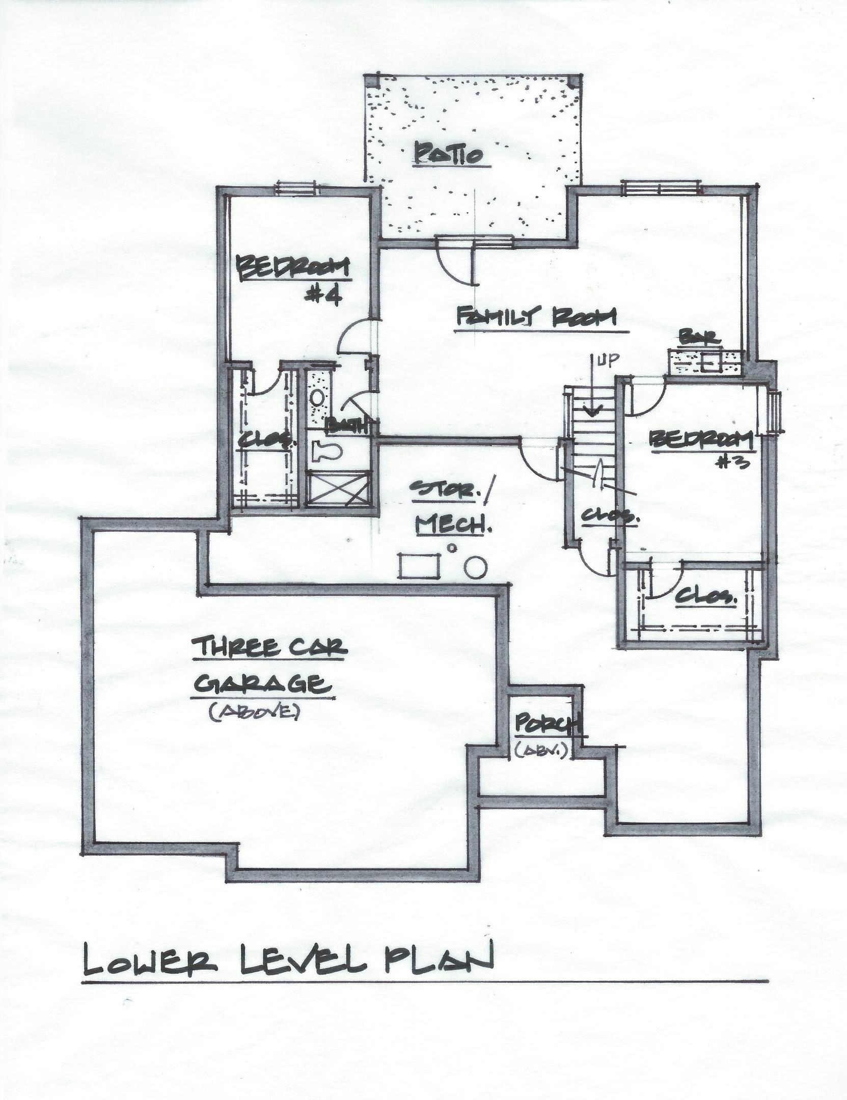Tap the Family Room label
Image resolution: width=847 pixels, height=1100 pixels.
536,318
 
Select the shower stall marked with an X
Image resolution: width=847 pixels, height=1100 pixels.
337,489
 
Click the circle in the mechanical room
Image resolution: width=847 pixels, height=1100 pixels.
476,566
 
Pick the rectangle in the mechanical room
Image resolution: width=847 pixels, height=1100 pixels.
419,566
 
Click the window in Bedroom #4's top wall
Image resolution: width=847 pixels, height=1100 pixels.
295,189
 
